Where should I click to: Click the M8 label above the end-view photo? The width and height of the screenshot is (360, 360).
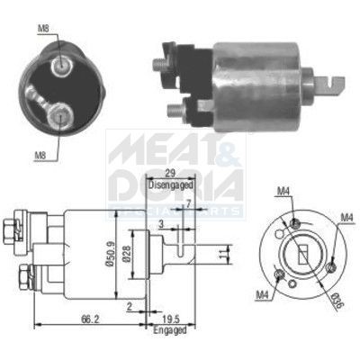[x=42, y=29]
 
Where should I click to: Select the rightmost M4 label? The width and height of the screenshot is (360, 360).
[x=346, y=217]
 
